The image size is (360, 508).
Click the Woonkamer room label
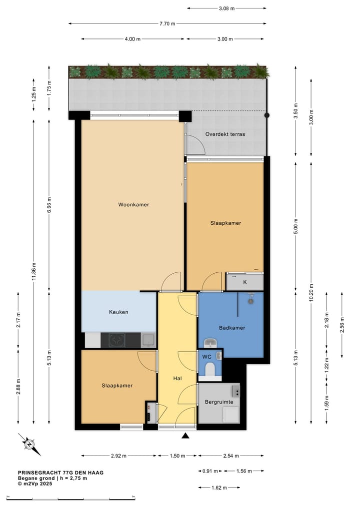(133, 204)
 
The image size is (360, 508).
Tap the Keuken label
(118, 312)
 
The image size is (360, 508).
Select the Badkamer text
(232, 328)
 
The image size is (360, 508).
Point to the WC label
(206, 357)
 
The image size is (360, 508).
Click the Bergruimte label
(219, 402)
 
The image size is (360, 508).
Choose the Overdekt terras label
(228, 134)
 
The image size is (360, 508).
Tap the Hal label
(177, 379)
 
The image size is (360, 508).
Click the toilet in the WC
(210, 370)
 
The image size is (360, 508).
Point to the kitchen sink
(147, 340)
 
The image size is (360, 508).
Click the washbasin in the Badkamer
(210, 343)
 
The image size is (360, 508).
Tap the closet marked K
(245, 282)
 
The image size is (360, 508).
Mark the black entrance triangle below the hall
(185, 436)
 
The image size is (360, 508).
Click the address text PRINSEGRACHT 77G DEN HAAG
(61, 473)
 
